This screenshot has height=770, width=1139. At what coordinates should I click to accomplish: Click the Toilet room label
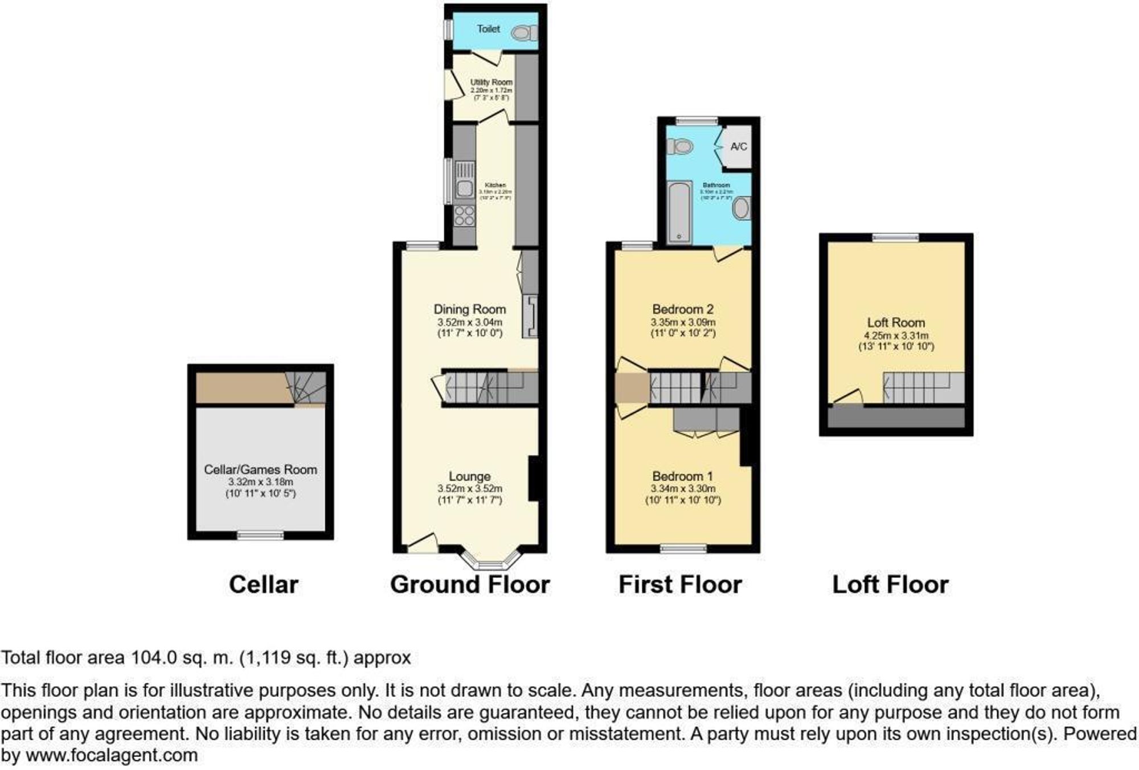488,29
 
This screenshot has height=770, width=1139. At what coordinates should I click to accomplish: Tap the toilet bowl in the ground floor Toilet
523,33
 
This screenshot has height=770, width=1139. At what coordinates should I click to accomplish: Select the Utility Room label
491,83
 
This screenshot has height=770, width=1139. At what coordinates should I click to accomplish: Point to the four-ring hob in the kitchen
465,216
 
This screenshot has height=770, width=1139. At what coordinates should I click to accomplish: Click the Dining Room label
470,309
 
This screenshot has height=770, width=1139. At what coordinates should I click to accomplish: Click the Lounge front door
423,543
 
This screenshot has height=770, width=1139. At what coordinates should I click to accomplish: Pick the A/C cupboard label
739,147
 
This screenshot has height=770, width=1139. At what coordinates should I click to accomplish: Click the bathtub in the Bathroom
679,212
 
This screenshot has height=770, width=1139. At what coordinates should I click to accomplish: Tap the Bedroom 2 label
683,309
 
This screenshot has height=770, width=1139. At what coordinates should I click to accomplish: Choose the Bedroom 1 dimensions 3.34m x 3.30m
683,489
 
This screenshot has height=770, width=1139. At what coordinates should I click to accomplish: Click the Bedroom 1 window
683,548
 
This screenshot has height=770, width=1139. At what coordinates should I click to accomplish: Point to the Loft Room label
896,322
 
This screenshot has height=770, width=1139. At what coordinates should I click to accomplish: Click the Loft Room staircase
923,387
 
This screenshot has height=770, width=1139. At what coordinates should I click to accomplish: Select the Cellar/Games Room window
260,535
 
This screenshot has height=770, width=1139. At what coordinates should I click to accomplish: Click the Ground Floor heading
470,585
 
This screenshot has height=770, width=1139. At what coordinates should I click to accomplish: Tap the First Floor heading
680,585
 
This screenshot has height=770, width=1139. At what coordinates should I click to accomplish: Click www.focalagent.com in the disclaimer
112,756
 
